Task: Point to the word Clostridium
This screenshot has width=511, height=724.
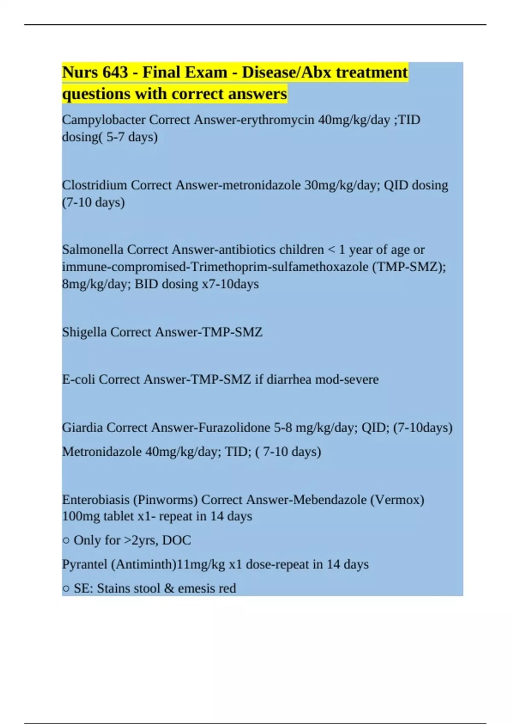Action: pos(95,185)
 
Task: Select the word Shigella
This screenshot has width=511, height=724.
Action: pos(84,332)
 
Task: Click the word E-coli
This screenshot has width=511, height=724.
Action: pos(79,379)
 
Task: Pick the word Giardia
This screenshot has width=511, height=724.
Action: pos(82,428)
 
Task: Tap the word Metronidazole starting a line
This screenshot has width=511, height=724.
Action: pos(102,451)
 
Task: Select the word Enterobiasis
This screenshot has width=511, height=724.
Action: pos(96,500)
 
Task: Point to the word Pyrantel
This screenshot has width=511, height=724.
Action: pos(85,564)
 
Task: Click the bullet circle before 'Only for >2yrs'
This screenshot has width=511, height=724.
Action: pos(66,541)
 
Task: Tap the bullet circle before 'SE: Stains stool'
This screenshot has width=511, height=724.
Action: pos(66,589)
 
